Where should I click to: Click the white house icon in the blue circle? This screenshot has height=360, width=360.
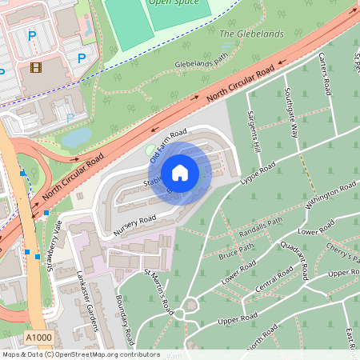click(x=180, y=172)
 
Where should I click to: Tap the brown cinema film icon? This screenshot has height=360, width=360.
click(x=35, y=67)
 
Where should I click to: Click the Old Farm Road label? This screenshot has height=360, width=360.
click(x=168, y=143)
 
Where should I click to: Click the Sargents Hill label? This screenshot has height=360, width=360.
click(x=254, y=132)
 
